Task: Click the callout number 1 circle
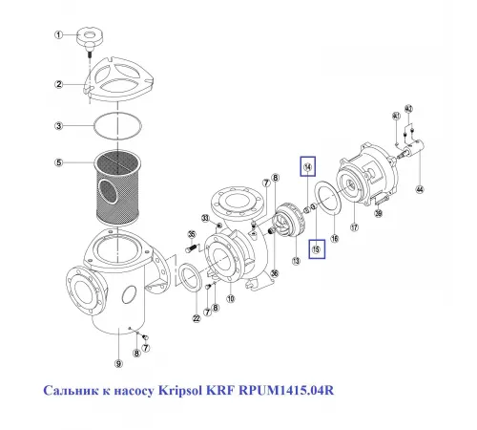click(57, 35)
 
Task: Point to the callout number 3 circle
click(57, 125)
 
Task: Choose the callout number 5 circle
click(57, 162)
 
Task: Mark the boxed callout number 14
click(308, 167)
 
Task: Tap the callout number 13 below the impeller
click(295, 260)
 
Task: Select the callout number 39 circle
click(379, 213)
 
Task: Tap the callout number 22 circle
click(196, 318)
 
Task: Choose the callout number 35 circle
click(191, 234)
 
